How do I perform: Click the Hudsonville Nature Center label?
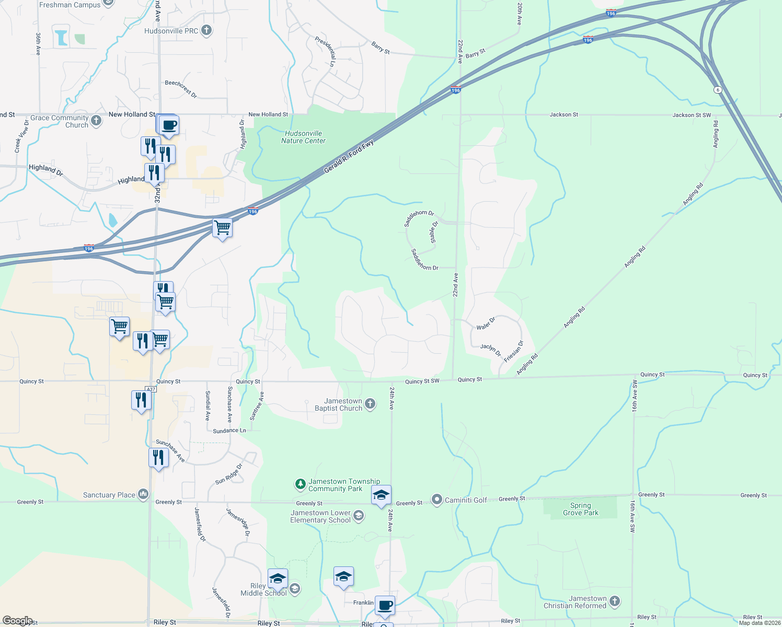[x=303, y=137]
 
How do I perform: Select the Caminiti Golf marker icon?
[x=437, y=500]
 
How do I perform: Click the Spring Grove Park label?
[x=581, y=509]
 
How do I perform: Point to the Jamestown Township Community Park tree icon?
[x=300, y=484]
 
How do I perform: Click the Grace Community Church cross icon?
[x=96, y=121]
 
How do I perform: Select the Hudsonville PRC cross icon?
[x=206, y=30]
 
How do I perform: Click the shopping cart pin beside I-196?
[x=223, y=228]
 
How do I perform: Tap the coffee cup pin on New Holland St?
[x=169, y=125]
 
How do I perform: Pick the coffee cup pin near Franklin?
[x=385, y=606]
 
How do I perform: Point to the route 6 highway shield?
[x=718, y=90]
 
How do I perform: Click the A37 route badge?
[x=151, y=389]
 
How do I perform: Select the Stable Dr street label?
[x=434, y=232]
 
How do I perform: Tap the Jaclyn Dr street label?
[x=491, y=350]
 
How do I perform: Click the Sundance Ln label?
[x=229, y=431]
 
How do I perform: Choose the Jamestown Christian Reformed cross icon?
[x=615, y=601]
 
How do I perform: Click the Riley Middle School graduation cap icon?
[x=294, y=589]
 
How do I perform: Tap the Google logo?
[x=17, y=621]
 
